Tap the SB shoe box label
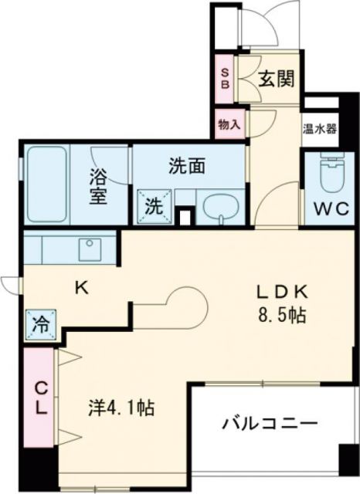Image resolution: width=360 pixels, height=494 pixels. point(226,78)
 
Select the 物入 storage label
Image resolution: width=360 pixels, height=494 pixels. point(228,123)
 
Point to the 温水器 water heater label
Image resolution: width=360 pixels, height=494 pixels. point(319,129)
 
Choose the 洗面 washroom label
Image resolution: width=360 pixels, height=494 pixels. point(188,164)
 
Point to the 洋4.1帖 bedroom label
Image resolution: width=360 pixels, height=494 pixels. point(120,407)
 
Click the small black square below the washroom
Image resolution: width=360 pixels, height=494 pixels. point(184,217)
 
